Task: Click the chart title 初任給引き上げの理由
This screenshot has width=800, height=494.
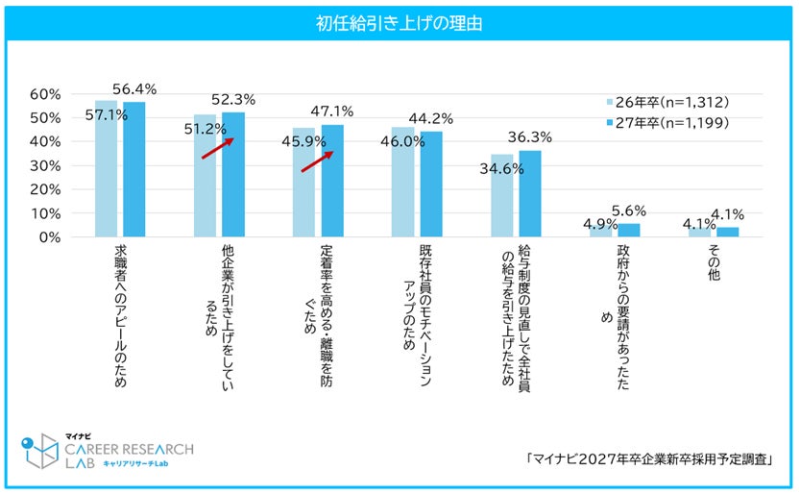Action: click(x=399, y=21)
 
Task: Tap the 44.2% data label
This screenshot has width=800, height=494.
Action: click(x=432, y=118)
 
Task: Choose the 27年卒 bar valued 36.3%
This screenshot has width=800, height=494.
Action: click(x=530, y=193)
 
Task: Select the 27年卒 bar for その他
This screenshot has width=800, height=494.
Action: click(x=728, y=232)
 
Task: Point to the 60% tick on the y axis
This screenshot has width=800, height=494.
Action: click(x=45, y=94)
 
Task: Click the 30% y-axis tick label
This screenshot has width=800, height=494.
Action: click(x=45, y=165)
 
